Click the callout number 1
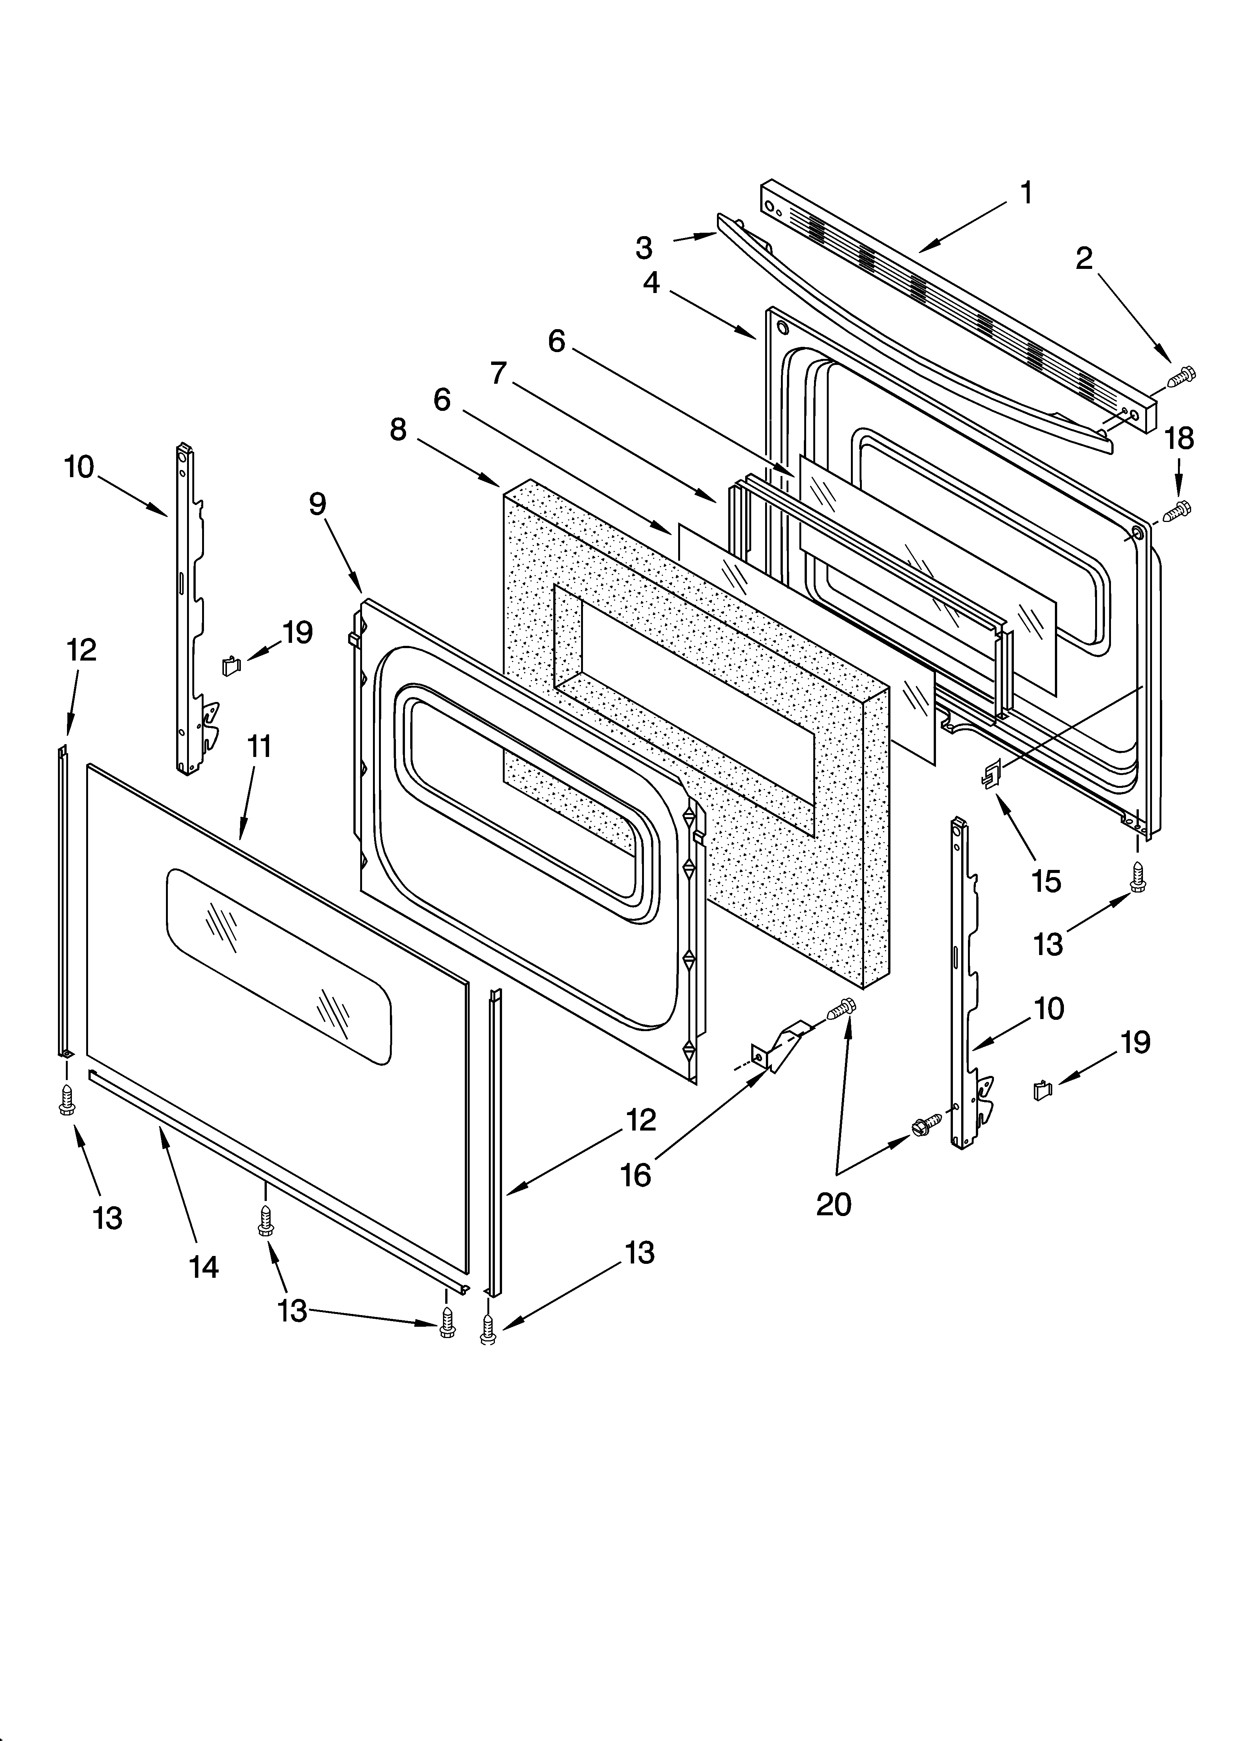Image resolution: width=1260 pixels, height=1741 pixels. point(1026,194)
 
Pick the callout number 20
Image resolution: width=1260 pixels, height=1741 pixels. point(833,1204)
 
